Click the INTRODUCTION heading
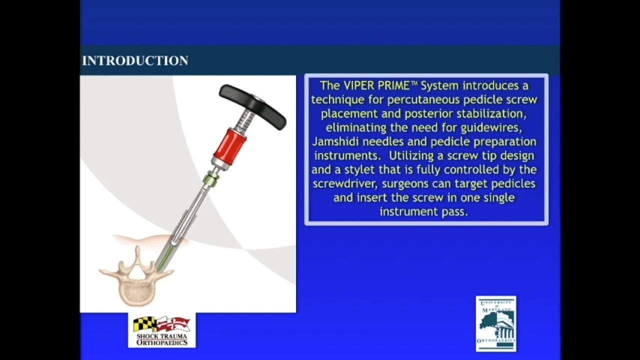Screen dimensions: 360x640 (x=135, y=61)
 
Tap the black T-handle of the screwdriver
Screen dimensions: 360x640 (x=252, y=105)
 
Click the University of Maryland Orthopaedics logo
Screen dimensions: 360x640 (x=495, y=323)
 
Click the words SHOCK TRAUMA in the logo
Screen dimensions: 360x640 (x=161, y=336)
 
